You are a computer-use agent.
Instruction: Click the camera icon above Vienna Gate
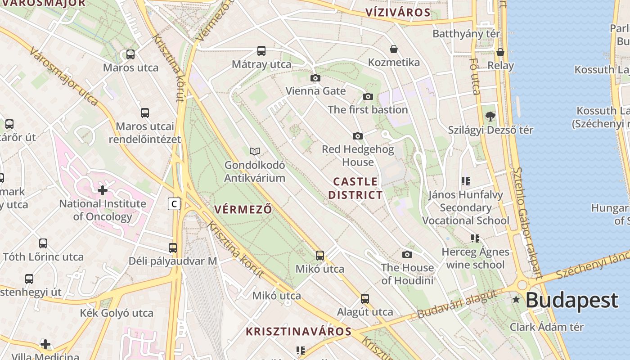coord(315,78)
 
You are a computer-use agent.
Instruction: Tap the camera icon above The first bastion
coord(368,97)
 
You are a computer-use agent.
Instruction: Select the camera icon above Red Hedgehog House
coord(358,136)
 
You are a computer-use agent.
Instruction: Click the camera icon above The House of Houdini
coord(407,255)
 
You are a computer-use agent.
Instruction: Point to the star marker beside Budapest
coord(516,300)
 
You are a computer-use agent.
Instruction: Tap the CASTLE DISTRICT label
coord(355,189)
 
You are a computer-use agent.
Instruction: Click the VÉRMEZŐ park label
coord(243,209)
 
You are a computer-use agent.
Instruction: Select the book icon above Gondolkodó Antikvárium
coord(255,151)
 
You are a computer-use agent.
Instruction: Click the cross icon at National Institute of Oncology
coord(103,190)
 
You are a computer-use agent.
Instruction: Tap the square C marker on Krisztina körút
coord(174,204)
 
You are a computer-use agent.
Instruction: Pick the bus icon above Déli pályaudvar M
coord(173,247)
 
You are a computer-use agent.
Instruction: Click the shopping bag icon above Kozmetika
coord(394,49)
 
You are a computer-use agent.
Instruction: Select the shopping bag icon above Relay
coord(500,53)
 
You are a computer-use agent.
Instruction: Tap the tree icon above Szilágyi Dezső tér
coord(490,117)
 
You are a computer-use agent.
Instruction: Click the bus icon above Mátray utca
coord(261,51)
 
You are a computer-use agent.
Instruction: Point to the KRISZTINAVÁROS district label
coord(298,332)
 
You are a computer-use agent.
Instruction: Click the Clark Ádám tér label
coord(546,327)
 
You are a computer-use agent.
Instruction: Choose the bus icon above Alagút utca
coord(365,298)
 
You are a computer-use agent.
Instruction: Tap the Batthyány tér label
coord(466,34)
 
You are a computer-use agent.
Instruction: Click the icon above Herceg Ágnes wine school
coord(475,238)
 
